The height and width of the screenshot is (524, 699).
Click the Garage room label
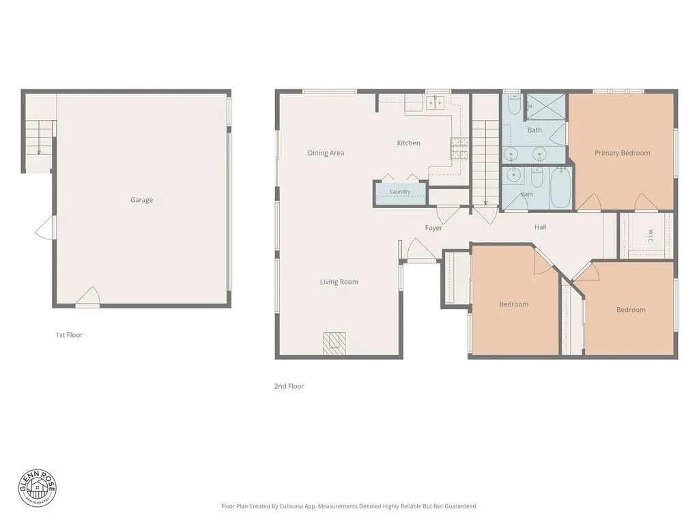pyautogui.click(x=141, y=200)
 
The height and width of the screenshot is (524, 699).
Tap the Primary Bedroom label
pyautogui.click(x=622, y=153)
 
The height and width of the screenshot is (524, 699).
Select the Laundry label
pyautogui.click(x=400, y=192)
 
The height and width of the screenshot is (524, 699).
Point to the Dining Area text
pyautogui.click(x=326, y=153)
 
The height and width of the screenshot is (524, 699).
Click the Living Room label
pyautogui.click(x=339, y=282)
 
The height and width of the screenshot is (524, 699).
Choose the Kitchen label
pyautogui.click(x=408, y=143)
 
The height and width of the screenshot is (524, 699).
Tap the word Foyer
pyautogui.click(x=433, y=228)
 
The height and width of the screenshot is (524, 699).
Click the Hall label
pyautogui.click(x=541, y=227)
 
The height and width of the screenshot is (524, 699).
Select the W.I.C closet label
pyautogui.click(x=650, y=236)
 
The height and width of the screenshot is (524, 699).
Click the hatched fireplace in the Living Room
pyautogui.click(x=334, y=344)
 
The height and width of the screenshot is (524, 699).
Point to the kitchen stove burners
pyautogui.click(x=459, y=149)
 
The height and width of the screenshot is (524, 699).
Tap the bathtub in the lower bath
pyautogui.click(x=560, y=188)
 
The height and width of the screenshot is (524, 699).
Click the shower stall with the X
pyautogui.click(x=545, y=107)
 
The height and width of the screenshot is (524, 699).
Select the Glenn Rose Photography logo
pyautogui.click(x=38, y=488)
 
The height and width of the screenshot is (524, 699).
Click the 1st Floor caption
pyautogui.click(x=69, y=334)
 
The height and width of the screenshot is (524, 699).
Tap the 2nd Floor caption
pyautogui.click(x=289, y=386)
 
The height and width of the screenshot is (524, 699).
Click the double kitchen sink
pyautogui.click(x=435, y=103)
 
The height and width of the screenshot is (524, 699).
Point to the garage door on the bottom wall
pyautogui.click(x=88, y=297)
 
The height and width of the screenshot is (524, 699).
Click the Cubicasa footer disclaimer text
pyautogui.click(x=349, y=506)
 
